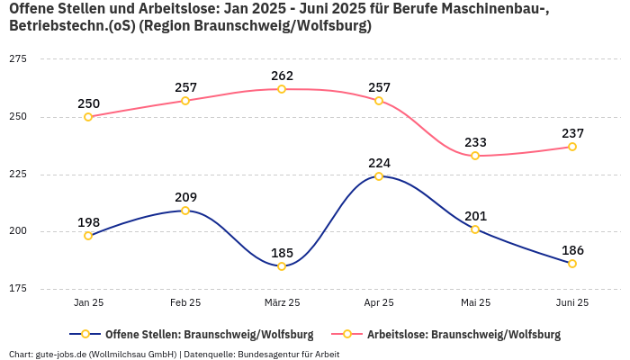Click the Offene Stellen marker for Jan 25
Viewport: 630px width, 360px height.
88,236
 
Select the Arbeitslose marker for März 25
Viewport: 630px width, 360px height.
282,89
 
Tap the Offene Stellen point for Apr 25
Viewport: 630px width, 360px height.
379,176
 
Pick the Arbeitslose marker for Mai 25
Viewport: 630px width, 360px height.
475,156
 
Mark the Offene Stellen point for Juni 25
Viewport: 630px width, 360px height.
572,264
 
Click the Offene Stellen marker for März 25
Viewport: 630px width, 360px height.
282,266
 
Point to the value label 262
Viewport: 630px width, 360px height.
282,76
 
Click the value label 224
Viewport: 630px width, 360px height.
379,163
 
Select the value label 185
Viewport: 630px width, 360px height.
282,253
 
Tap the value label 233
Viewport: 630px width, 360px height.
475,142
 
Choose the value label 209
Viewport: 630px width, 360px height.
185,197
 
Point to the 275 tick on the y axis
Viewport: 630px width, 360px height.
17,59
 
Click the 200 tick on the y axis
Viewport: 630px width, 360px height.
17,231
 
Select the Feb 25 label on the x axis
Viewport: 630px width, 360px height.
185,303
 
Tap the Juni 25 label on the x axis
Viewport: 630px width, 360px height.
572,303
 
